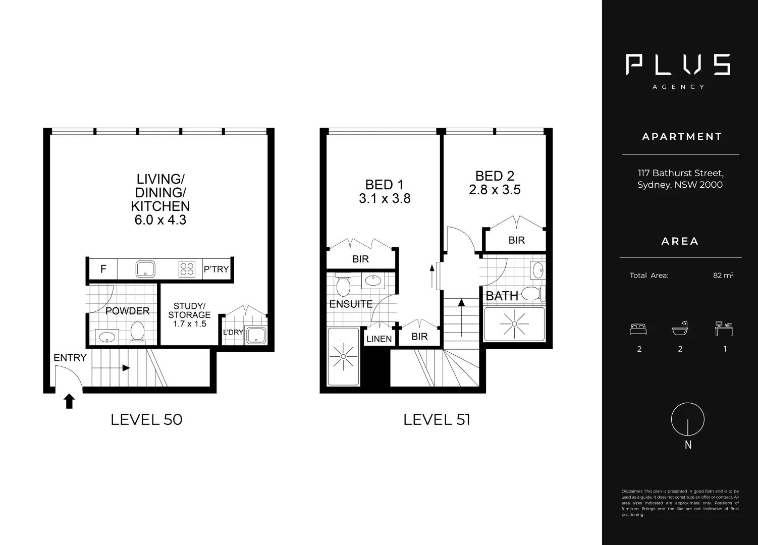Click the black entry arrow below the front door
point(69,401)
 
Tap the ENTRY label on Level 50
point(70,358)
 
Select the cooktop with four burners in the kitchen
point(186,269)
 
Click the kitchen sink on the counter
point(145,269)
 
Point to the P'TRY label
point(216,269)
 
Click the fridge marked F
point(103,269)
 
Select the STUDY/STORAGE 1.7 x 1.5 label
point(189,315)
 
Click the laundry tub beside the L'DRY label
point(256,335)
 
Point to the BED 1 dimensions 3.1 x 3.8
point(385,199)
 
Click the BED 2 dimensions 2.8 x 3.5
point(495,190)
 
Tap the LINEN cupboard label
point(379,339)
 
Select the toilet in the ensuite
point(343,286)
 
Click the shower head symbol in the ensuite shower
point(343,357)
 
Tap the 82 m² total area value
point(723,276)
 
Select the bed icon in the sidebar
point(638,330)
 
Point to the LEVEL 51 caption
point(437,419)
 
